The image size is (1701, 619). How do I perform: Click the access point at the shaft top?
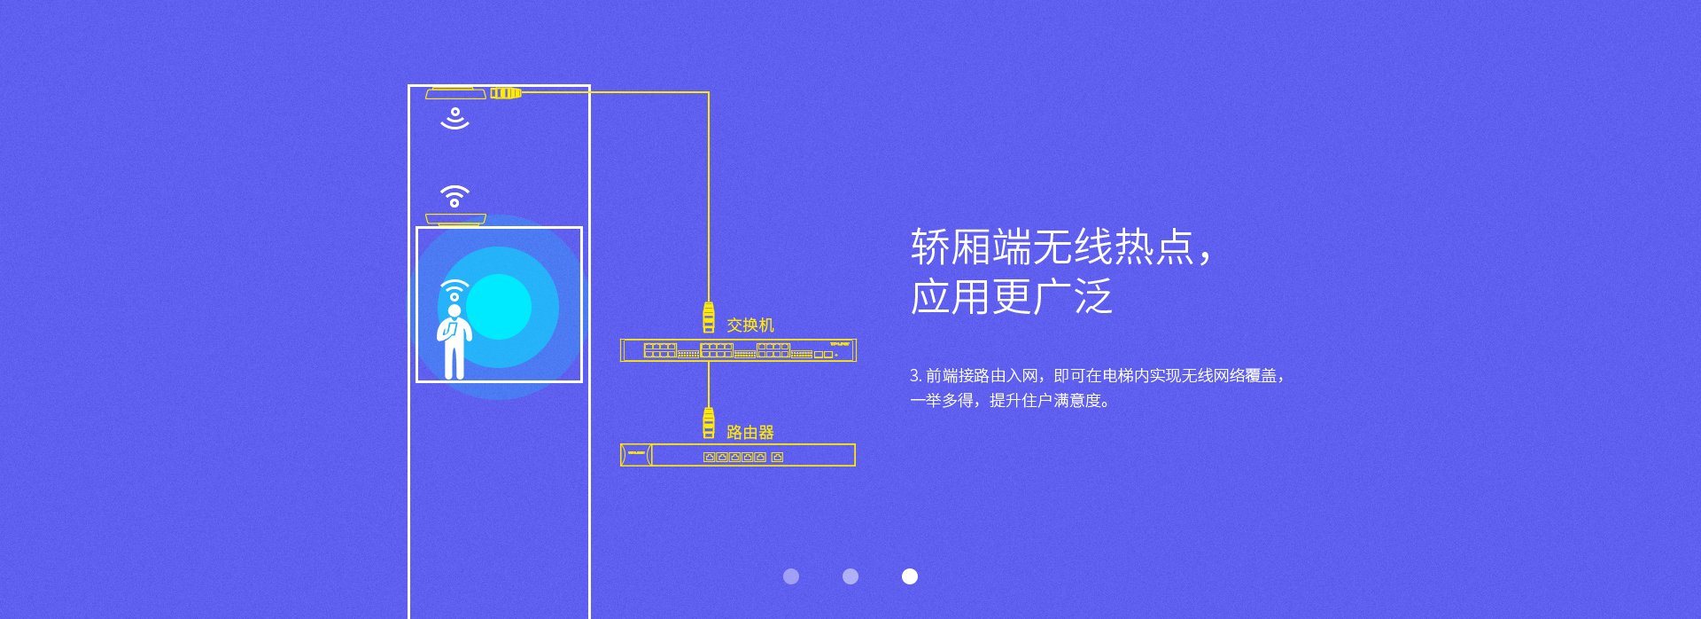(x=455, y=93)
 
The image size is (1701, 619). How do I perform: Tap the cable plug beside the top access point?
(x=506, y=93)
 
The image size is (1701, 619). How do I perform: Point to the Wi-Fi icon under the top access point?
(x=454, y=119)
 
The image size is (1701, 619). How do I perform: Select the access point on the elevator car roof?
(x=455, y=219)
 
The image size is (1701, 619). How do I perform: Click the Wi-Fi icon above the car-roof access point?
(x=454, y=196)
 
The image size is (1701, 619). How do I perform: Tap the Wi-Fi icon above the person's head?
(x=454, y=290)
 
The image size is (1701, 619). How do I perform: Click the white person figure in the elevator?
(x=454, y=342)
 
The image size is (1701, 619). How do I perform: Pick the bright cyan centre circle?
(x=499, y=307)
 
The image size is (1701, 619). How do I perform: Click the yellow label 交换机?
(x=750, y=325)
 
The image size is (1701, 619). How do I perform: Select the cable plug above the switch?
(x=709, y=317)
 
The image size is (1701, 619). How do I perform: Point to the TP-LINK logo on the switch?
(x=839, y=344)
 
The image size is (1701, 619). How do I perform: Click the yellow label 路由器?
(x=750, y=433)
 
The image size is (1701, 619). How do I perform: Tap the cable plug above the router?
(x=709, y=423)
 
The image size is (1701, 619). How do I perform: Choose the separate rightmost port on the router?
(x=777, y=458)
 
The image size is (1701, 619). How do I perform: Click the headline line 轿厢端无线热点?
(x=1060, y=247)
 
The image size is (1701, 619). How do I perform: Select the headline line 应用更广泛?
(x=1011, y=297)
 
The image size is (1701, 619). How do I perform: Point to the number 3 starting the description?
(x=914, y=376)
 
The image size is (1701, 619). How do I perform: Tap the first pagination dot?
(x=791, y=576)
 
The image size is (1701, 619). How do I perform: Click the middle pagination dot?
(x=850, y=576)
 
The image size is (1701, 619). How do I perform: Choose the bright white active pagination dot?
(x=910, y=576)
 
